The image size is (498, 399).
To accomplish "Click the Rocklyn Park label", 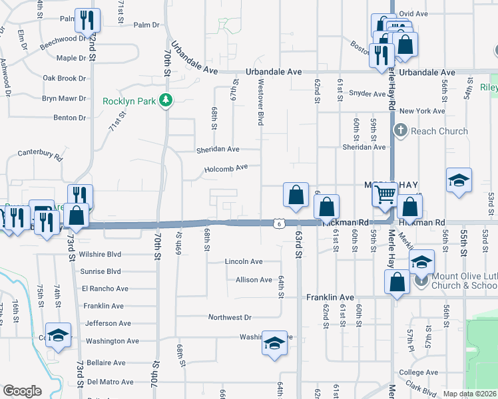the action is click(x=130, y=101).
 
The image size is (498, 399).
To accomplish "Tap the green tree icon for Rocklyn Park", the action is click(x=168, y=101).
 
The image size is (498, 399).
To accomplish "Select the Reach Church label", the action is click(x=439, y=131).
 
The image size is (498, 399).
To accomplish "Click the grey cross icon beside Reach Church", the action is click(x=401, y=131).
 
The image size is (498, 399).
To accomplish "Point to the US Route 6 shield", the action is click(x=275, y=223).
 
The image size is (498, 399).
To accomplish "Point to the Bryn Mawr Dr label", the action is click(x=64, y=98).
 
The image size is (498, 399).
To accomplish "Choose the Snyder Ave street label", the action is click(x=368, y=94).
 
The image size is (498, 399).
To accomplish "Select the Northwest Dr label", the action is click(x=230, y=318).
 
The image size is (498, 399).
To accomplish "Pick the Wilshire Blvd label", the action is click(x=100, y=254).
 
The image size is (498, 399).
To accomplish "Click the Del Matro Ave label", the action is click(x=111, y=382).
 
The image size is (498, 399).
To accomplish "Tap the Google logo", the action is click(x=22, y=391).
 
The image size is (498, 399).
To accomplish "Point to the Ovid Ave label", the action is click(x=412, y=13).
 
